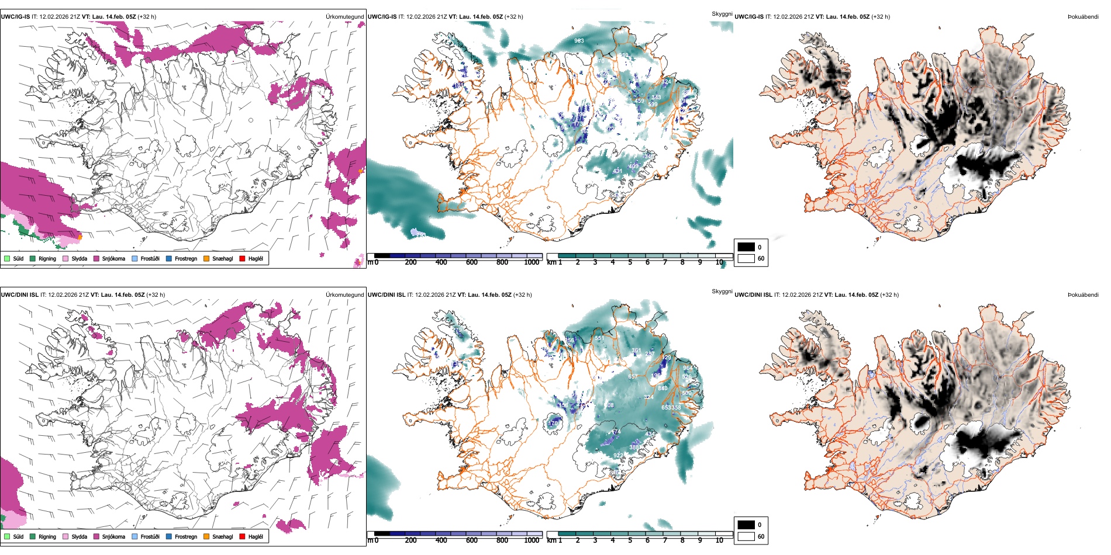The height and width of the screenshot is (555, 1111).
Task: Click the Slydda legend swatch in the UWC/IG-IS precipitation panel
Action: pos(65,258)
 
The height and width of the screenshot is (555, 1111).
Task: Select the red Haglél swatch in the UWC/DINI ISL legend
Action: pos(242,536)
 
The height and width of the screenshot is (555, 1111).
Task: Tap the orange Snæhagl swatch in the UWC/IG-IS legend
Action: pos(206,258)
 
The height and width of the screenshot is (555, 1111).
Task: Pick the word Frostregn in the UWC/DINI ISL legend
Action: pos(186,536)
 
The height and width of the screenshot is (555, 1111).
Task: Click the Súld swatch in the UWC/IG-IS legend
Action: pos(7,258)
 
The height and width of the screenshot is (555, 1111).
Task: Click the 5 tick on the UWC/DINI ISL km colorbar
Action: pos(630,540)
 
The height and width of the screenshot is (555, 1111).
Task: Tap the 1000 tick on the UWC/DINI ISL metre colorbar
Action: pos(532,540)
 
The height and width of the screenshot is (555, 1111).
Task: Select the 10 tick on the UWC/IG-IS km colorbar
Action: pos(719,262)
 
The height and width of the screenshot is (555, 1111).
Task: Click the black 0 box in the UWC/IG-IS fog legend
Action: pos(746,247)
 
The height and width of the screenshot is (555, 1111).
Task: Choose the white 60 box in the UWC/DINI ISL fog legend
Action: pos(746,536)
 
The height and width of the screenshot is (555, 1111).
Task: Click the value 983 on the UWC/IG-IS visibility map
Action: pos(579,41)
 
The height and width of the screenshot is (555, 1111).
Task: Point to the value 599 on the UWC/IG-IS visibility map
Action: pos(653,105)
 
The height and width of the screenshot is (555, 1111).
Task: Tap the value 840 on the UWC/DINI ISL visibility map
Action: pos(663,388)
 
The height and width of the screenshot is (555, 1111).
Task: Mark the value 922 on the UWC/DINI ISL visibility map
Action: pos(618,456)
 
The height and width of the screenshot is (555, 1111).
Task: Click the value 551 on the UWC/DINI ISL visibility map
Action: pos(599,339)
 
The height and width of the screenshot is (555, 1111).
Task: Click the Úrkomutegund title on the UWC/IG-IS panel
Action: pos(344,17)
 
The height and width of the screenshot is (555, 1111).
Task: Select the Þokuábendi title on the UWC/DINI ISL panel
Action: pos(1083,295)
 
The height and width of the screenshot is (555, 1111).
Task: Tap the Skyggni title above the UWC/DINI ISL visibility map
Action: pos(722,292)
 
